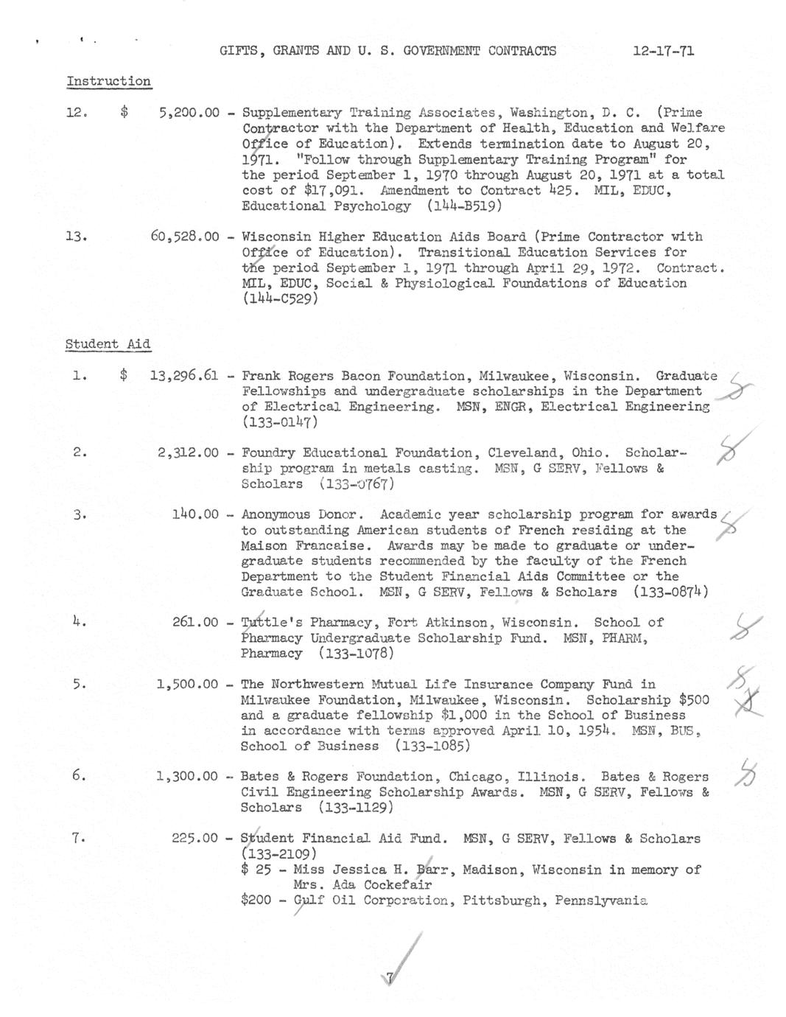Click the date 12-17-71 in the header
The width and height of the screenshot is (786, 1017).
[x=663, y=51]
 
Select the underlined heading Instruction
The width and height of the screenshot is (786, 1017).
[x=108, y=82]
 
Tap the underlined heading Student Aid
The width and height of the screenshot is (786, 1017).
[x=108, y=344]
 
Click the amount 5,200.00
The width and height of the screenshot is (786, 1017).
[x=189, y=113]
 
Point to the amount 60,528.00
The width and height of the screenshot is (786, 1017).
[x=185, y=237]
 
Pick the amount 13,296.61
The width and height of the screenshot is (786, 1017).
[x=183, y=376]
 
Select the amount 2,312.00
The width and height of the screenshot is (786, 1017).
[x=188, y=453]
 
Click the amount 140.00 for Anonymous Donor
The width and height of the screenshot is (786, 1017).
[x=195, y=514]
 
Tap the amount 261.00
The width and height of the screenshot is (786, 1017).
[x=195, y=623]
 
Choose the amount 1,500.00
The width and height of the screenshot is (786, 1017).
[x=187, y=685]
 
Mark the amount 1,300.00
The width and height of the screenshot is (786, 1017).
[x=187, y=777]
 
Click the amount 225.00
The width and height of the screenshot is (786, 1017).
[x=195, y=839]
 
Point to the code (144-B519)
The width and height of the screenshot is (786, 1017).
[x=464, y=206]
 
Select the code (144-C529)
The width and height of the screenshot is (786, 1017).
[x=280, y=299]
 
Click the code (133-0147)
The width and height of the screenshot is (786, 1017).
[x=280, y=423]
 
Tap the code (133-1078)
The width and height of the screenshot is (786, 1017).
[x=357, y=654]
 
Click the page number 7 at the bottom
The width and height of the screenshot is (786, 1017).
[x=390, y=979]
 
